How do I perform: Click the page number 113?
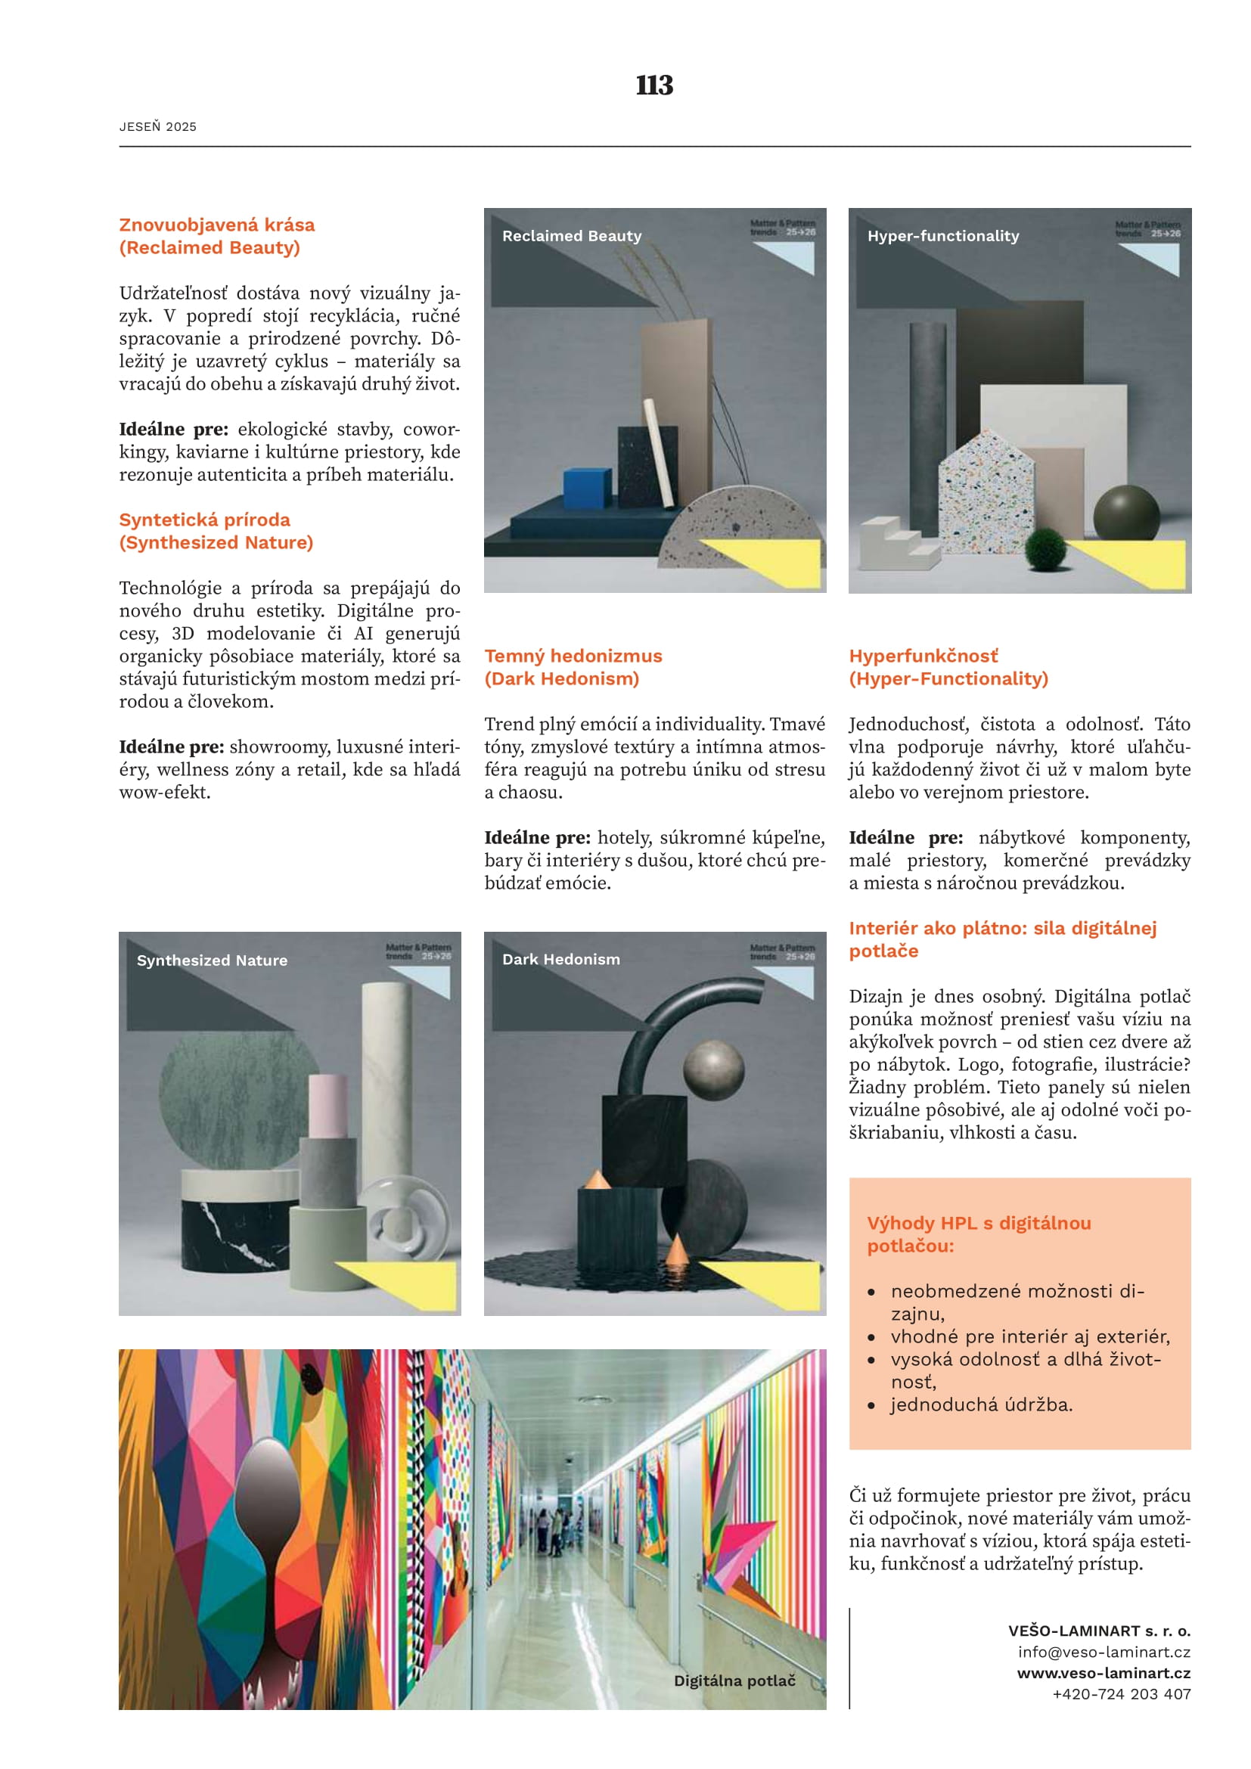click(x=654, y=85)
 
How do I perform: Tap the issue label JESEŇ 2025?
click(x=158, y=127)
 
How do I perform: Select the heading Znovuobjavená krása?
click(x=216, y=225)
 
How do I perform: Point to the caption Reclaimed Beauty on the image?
click(x=572, y=236)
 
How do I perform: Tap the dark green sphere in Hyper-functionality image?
click(x=1126, y=514)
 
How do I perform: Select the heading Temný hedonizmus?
click(x=573, y=656)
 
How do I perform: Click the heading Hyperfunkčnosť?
click(x=923, y=656)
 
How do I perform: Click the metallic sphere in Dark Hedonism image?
click(x=714, y=1070)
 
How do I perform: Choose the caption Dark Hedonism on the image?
click(x=560, y=959)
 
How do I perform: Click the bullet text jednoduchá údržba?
click(x=982, y=1404)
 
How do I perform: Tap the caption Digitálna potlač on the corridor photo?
click(x=734, y=1681)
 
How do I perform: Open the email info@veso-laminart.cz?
click(x=1104, y=1652)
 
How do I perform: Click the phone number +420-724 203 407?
click(x=1122, y=1693)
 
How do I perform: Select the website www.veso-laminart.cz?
click(x=1103, y=1673)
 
